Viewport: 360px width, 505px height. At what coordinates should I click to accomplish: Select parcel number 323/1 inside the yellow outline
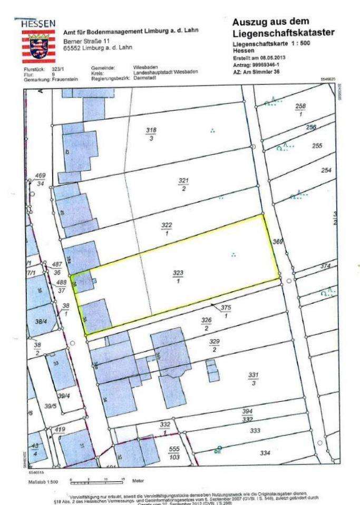[x=178, y=278]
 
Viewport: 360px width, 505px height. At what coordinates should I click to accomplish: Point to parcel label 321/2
[x=183, y=184]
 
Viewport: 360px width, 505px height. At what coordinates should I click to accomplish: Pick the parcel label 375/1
[x=226, y=312]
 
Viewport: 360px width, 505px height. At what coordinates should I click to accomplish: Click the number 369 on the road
[x=278, y=242]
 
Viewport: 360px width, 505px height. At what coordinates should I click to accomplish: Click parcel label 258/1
[x=300, y=110]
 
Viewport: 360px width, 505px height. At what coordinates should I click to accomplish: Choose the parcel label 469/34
[x=40, y=179]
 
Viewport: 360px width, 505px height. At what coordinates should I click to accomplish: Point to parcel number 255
[x=317, y=146]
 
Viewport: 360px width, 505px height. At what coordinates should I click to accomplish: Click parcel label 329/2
[x=215, y=345]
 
